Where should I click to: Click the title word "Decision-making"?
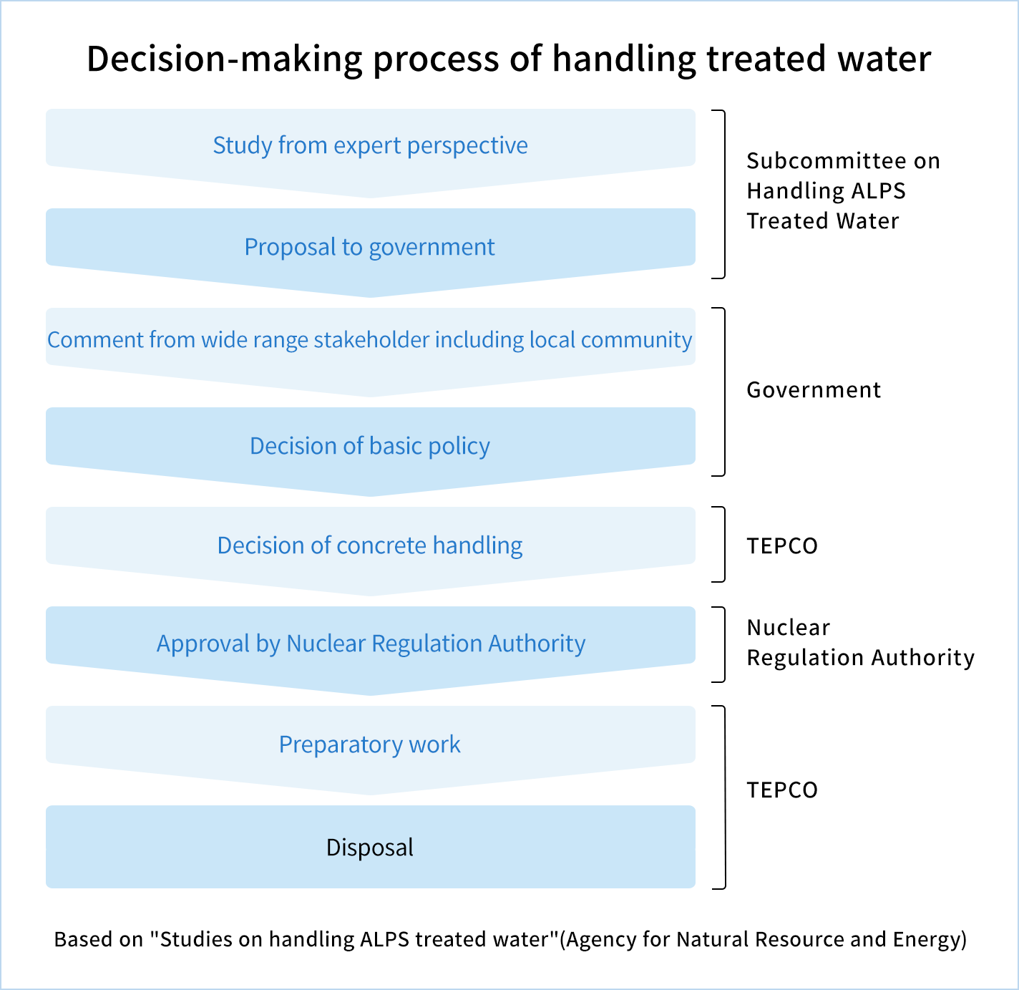pyautogui.click(x=224, y=59)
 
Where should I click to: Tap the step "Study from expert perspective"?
pyautogui.click(x=370, y=145)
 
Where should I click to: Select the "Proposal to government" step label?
pyautogui.click(x=370, y=247)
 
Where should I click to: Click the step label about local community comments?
pyautogui.click(x=370, y=340)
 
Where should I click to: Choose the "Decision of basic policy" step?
pyautogui.click(x=370, y=446)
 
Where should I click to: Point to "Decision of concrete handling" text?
pyautogui.click(x=370, y=545)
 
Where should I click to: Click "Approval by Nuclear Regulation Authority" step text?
pyautogui.click(x=371, y=644)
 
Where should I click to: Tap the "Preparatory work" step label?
pyautogui.click(x=370, y=744)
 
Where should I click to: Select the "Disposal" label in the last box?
pyautogui.click(x=370, y=848)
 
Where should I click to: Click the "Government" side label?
pyautogui.click(x=814, y=390)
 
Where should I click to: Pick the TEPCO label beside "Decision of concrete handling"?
pyautogui.click(x=782, y=545)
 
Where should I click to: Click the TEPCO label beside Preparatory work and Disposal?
pyautogui.click(x=782, y=790)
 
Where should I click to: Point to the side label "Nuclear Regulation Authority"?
pyautogui.click(x=861, y=643)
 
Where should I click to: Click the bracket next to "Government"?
pyautogui.click(x=724, y=392)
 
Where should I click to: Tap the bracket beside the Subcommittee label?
pyautogui.click(x=724, y=194)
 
